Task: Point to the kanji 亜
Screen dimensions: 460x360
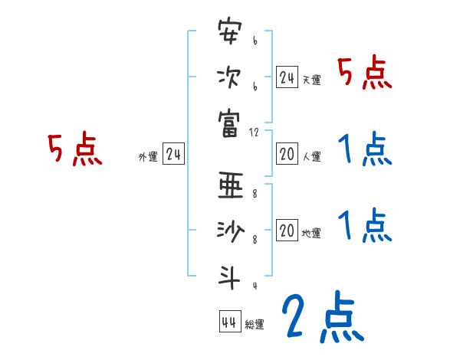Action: (x=229, y=186)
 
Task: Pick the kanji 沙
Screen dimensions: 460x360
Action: (x=229, y=231)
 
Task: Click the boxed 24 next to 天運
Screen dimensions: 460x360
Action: (x=287, y=77)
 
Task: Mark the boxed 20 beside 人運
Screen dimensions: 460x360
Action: (x=287, y=154)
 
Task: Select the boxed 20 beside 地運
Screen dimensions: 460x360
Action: (x=287, y=231)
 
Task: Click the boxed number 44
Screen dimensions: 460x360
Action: (x=229, y=321)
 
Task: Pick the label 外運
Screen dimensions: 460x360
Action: (x=148, y=157)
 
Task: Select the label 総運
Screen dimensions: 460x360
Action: (x=255, y=325)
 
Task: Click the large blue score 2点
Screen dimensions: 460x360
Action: (x=321, y=319)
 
